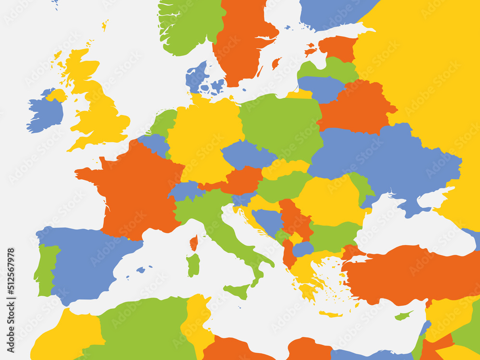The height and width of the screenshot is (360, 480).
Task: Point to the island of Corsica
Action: point(193,242)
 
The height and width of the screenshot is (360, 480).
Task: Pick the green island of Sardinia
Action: point(193,265)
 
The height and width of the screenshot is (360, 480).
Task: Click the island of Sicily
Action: point(238,291)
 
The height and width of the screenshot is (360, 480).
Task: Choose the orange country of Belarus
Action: point(355,108)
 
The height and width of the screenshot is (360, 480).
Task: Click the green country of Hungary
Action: point(283,185)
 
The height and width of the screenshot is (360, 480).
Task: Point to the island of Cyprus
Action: point(403,316)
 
